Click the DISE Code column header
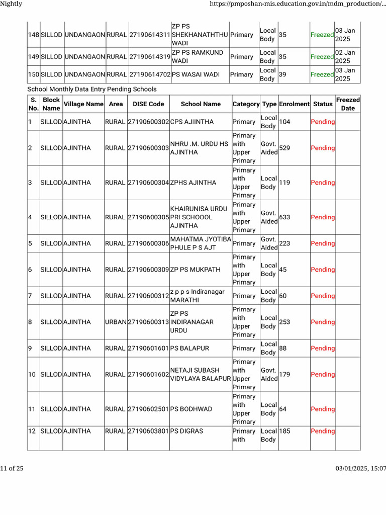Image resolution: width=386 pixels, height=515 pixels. pos(148,104)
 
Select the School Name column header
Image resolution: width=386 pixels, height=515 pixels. pos(201,104)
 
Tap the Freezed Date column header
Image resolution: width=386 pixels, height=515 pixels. pos(348,104)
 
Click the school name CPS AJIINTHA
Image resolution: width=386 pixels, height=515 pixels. pos(192,122)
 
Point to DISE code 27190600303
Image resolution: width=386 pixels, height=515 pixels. pos(148,148)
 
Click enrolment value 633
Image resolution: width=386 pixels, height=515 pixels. pos(284,217)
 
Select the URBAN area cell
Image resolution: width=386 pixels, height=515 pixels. pos(116,322)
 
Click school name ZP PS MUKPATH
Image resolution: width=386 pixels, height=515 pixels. pos(196,270)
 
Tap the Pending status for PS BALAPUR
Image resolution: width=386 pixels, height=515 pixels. pos(323,348)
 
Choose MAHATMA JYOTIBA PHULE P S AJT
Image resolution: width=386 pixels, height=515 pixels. pos(201,243)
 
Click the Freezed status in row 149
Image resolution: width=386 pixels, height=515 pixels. pos(322,57)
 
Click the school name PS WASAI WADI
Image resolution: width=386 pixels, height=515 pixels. pos(196,74)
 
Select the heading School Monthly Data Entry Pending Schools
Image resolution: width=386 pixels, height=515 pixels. pos(92,89)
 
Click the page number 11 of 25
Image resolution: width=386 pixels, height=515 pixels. pos(12,469)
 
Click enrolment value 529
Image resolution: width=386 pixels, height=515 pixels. pos(284,148)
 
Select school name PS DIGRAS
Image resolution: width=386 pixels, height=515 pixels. pos(187,431)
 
